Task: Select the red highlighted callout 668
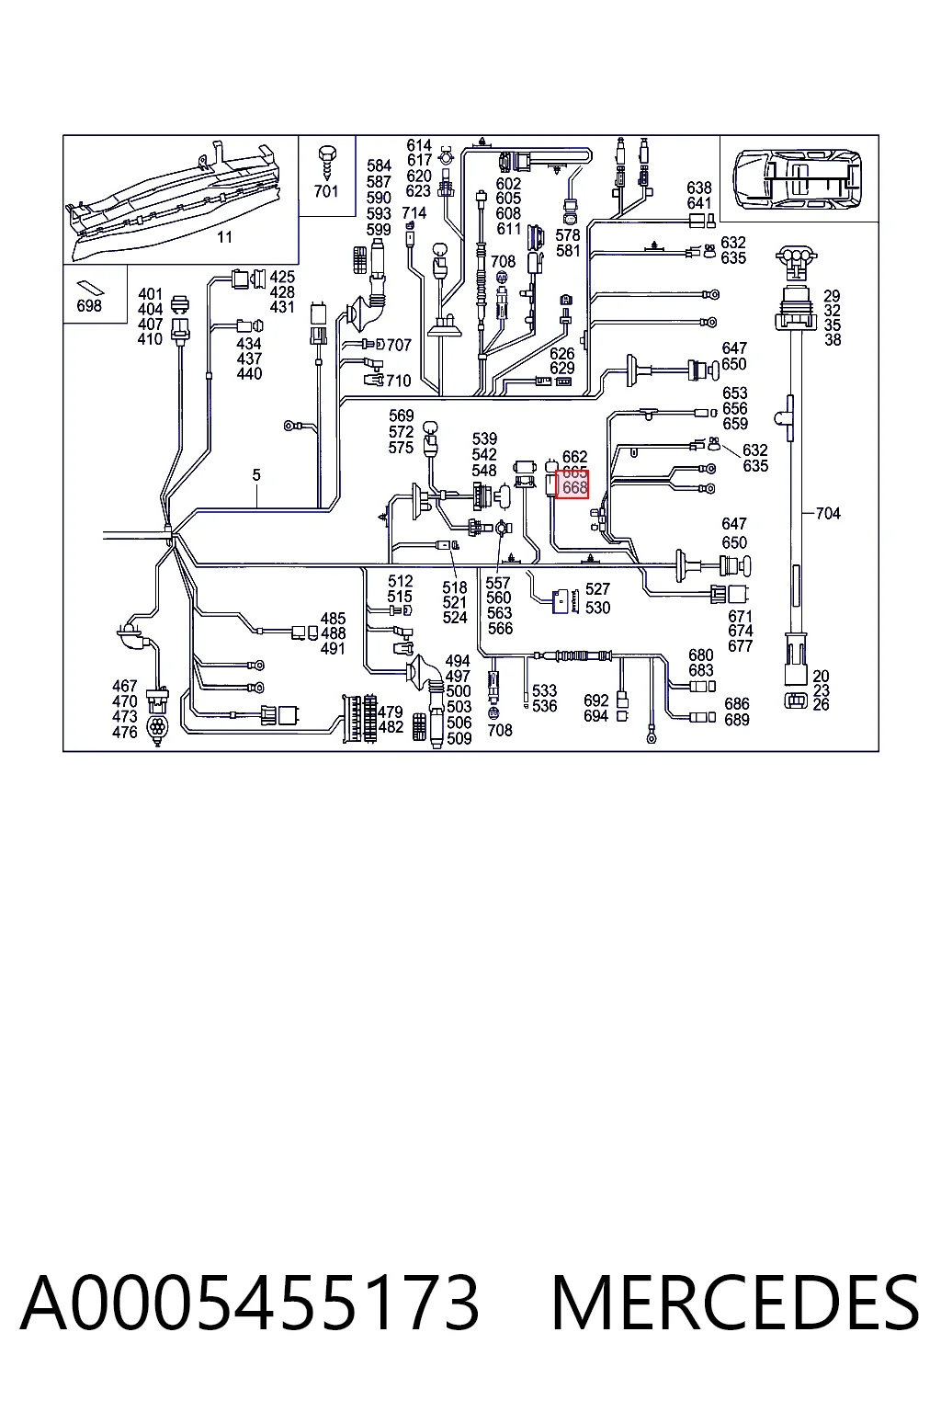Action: coord(572,484)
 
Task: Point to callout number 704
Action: coord(828,514)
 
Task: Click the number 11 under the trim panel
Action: coord(224,238)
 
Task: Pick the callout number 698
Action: coord(89,306)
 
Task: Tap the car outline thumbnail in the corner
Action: coord(798,179)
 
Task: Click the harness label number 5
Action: coord(255,474)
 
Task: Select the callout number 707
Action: coord(399,345)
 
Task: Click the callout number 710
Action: coord(398,381)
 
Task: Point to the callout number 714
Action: coord(414,213)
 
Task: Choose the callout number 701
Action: coord(326,191)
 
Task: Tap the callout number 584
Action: coord(379,165)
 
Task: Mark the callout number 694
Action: coord(595,716)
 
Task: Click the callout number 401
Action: coord(150,294)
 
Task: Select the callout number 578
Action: coord(567,235)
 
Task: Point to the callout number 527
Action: coord(597,588)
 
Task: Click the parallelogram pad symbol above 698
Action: coord(91,287)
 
